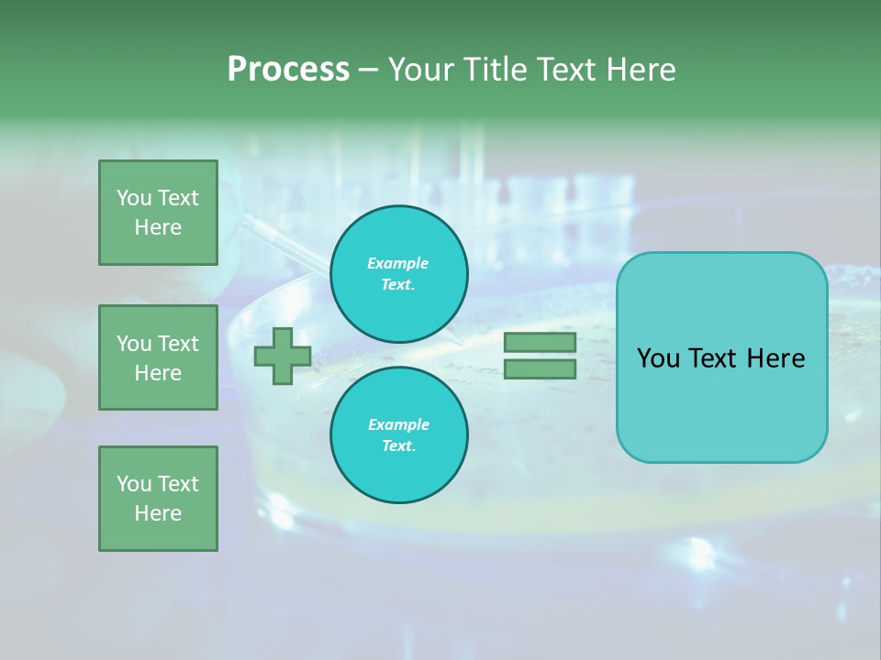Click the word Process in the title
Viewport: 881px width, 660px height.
pos(288,70)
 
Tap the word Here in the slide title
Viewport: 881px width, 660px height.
pos(637,70)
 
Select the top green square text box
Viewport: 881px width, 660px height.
pos(158,213)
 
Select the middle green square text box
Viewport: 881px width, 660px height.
pos(158,357)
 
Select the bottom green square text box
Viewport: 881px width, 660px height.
pos(158,499)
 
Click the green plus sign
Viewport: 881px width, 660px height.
pos(283,356)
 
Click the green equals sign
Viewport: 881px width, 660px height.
pos(540,356)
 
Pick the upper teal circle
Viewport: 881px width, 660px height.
pos(399,274)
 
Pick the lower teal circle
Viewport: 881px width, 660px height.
pos(399,435)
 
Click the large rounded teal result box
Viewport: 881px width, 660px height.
pos(721,357)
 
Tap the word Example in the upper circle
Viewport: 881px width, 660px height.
pos(398,263)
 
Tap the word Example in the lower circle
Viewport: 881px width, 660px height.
pos(398,424)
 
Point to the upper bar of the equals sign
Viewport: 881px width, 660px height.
pos(540,342)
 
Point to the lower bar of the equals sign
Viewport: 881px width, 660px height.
pos(540,369)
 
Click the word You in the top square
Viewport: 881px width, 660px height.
pos(134,198)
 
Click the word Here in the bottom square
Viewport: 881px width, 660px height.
pos(158,513)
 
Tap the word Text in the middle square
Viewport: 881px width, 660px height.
pos(177,344)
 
